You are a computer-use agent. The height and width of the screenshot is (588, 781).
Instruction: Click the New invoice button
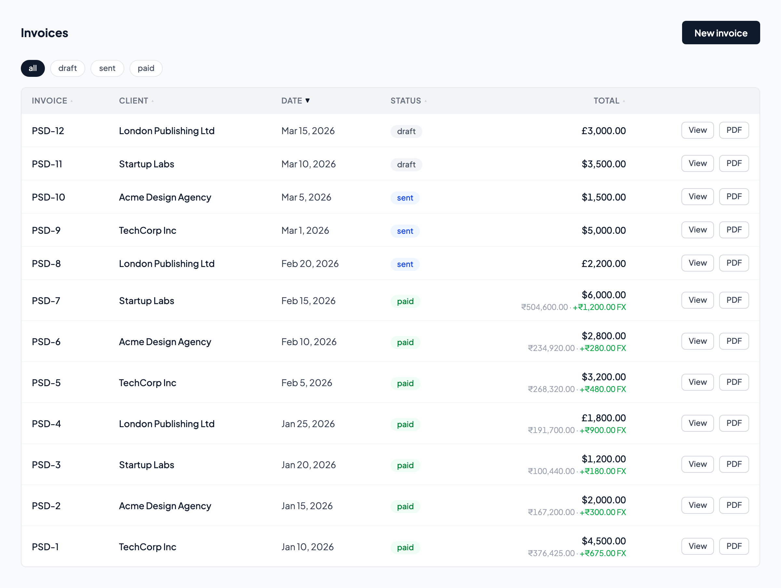point(720,33)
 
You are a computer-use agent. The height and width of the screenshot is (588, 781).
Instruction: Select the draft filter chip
point(67,68)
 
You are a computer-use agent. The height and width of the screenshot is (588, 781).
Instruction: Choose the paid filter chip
point(146,68)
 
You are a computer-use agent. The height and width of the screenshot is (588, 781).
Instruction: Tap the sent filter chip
point(107,68)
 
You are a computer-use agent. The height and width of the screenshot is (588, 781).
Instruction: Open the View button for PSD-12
point(697,130)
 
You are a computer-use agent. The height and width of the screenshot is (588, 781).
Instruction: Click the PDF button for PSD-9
point(734,230)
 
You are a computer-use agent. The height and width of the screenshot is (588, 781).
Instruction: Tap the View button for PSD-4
point(697,423)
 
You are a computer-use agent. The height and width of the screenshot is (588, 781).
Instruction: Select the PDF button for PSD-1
point(734,546)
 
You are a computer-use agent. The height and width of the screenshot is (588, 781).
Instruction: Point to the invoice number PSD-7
point(46,301)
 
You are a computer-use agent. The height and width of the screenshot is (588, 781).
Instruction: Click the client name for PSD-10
point(165,197)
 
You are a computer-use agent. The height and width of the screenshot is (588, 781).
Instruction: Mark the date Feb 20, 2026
point(310,264)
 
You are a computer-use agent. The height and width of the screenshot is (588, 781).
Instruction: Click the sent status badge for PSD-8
point(404,264)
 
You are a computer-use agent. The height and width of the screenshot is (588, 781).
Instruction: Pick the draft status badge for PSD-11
point(406,164)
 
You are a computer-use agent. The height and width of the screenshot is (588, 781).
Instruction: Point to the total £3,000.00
point(603,131)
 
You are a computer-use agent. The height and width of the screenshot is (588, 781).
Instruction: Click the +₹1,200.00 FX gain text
point(599,307)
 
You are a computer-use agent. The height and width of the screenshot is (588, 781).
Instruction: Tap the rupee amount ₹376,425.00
point(551,553)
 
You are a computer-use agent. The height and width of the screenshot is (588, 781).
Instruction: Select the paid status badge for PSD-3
point(405,466)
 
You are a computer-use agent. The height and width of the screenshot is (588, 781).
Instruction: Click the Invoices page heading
point(45,33)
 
